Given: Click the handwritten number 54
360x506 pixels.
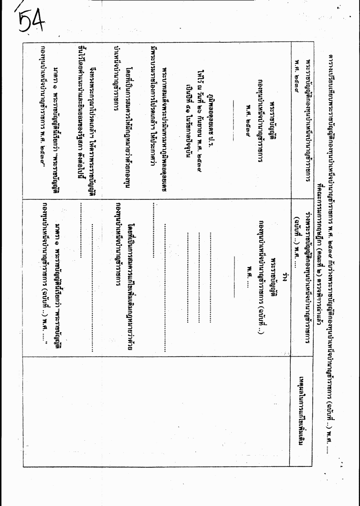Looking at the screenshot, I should [31, 21].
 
